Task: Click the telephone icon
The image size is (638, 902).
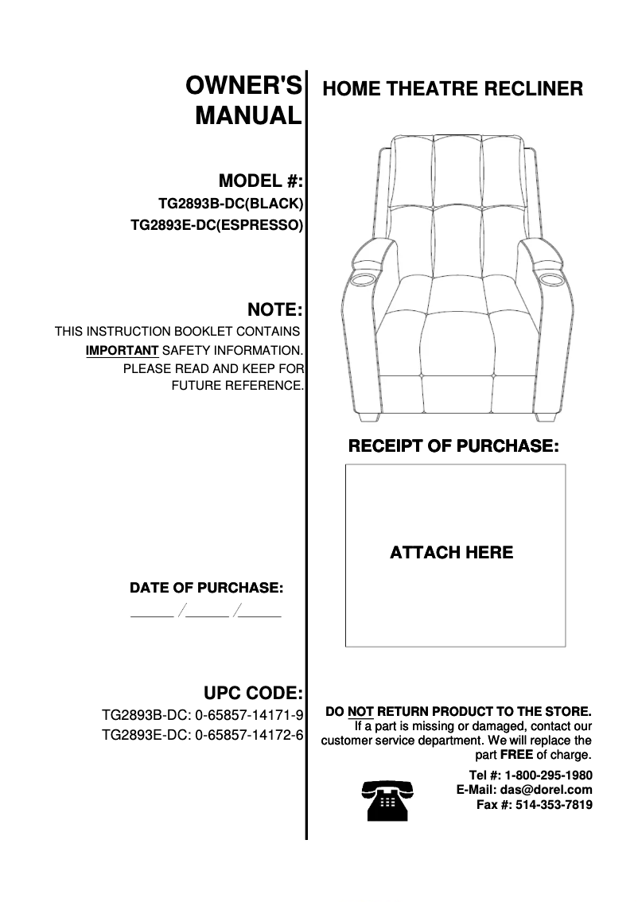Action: tap(387, 799)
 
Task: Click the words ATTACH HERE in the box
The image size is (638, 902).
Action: tap(451, 552)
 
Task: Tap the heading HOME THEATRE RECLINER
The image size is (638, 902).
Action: tap(452, 88)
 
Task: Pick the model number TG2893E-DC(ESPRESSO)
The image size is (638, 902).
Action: tap(216, 225)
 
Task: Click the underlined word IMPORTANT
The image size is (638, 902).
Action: tap(123, 350)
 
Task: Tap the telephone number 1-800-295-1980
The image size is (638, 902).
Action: tap(548, 775)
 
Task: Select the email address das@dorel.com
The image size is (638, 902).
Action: tap(546, 790)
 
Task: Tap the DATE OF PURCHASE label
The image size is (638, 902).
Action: tap(206, 589)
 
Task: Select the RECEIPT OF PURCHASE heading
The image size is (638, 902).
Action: tap(453, 445)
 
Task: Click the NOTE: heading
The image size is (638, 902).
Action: tap(275, 309)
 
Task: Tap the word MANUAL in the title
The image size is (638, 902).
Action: tap(248, 116)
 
